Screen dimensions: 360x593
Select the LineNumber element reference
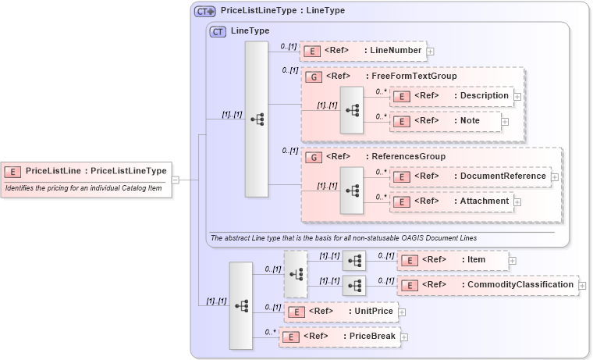(362, 51)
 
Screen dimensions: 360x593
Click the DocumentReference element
(470, 176)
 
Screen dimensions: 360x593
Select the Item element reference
(453, 260)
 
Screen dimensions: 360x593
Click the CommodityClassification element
(488, 285)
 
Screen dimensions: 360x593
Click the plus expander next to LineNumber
(430, 52)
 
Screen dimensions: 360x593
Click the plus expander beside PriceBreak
(404, 337)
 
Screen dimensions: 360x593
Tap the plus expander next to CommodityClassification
(582, 286)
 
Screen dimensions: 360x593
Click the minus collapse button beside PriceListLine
(176, 180)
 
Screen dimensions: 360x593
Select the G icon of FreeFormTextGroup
(313, 77)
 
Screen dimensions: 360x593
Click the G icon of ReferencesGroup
(313, 157)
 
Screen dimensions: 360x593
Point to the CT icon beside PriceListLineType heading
(205, 12)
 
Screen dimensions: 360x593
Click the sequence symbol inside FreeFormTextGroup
(353, 109)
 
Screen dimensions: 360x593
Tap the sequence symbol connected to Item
(354, 260)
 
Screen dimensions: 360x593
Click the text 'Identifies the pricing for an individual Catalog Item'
(79, 188)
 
